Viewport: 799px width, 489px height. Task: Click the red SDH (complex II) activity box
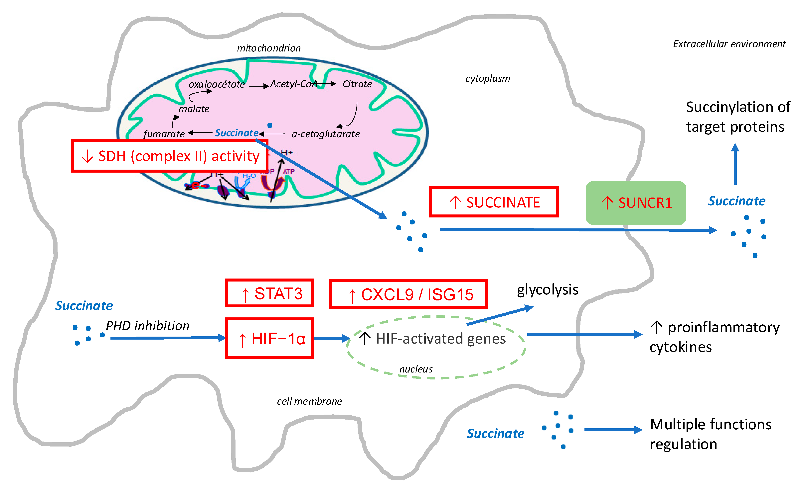pos(170,156)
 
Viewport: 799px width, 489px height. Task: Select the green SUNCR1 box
pos(636,203)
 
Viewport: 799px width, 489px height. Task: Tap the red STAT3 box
pos(269,293)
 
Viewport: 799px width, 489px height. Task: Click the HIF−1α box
pos(269,338)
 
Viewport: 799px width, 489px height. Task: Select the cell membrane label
pos(309,401)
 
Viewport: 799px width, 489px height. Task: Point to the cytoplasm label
pos(488,79)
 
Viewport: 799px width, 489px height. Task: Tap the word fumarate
pos(164,134)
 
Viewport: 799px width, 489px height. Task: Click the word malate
pos(194,109)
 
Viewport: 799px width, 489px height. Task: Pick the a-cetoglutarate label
pos(326,134)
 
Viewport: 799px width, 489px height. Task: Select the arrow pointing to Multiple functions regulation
pos(613,430)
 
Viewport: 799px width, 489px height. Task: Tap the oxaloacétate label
pos(217,85)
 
